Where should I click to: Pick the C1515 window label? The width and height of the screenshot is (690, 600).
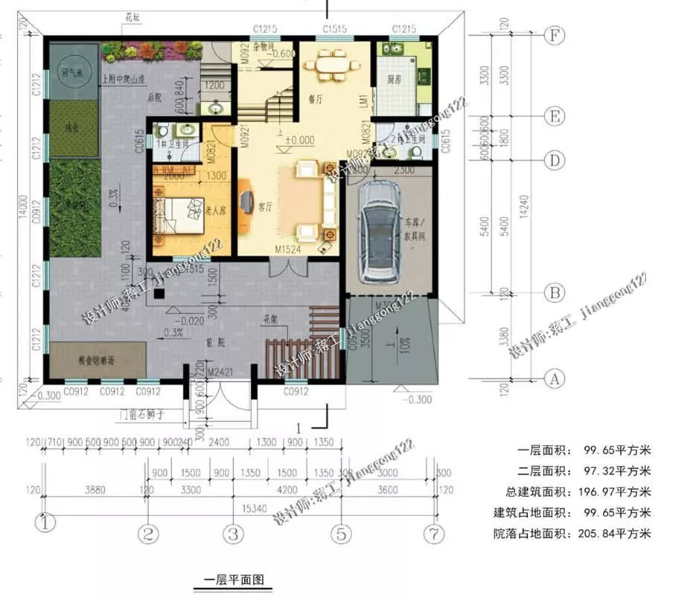333,28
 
